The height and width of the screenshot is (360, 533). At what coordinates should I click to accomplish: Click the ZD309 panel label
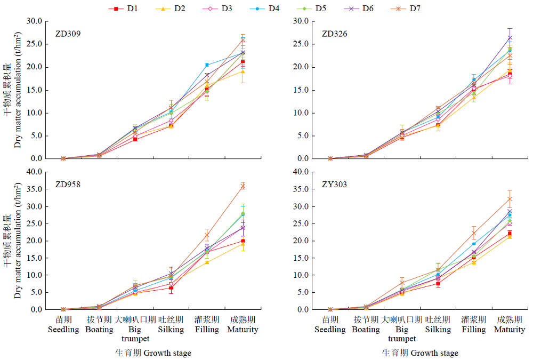click(68, 34)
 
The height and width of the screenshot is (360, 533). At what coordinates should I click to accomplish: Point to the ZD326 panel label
click(335, 34)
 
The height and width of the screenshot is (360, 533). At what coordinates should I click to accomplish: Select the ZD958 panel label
click(68, 185)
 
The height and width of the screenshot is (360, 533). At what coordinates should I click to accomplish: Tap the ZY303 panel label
click(334, 185)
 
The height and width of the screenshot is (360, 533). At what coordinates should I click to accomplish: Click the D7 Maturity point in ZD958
click(243, 186)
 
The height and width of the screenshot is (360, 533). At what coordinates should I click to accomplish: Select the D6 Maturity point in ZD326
click(510, 37)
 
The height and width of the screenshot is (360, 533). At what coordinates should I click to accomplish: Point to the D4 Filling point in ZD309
click(207, 65)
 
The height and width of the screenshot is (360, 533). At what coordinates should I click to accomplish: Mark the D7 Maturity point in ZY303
click(510, 199)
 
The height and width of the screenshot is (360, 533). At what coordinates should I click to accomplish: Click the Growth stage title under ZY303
click(420, 353)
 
